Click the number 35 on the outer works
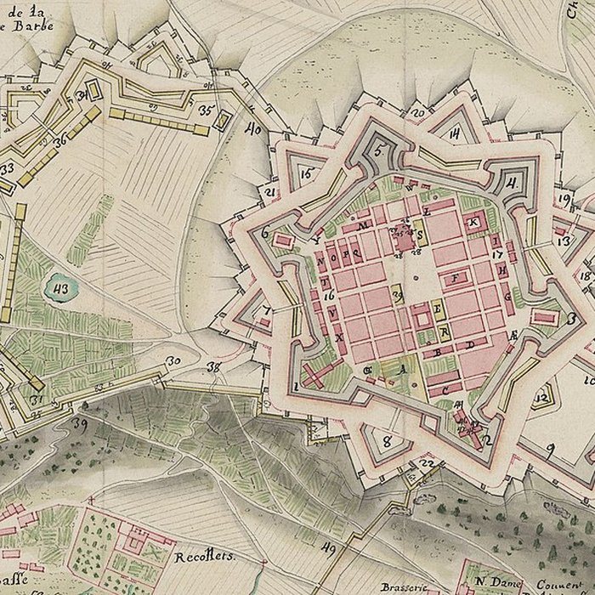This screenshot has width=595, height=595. (205, 110)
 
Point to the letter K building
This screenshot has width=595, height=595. (473, 223)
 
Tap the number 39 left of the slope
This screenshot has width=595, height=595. (82, 422)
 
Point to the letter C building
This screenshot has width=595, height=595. (445, 388)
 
